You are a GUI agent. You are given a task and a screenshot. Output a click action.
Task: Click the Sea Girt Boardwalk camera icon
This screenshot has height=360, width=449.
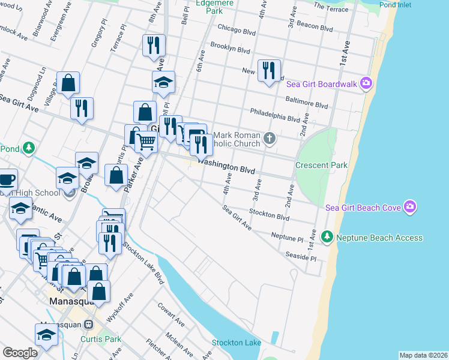pyautogui.click(x=366, y=85)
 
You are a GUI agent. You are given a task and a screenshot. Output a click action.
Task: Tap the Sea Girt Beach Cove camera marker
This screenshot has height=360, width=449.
pyautogui.click(x=410, y=207)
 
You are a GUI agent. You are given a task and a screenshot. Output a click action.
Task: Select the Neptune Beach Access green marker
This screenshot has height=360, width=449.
pyautogui.click(x=327, y=238)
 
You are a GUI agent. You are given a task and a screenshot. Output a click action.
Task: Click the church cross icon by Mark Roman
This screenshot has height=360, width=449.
pyautogui.click(x=270, y=139)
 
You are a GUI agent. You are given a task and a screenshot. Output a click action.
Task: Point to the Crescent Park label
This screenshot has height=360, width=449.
pyautogui.click(x=321, y=165)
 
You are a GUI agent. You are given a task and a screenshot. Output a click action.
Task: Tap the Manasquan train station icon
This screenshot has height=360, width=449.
pyautogui.click(x=89, y=325)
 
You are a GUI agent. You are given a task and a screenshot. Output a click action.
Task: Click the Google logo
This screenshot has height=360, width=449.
pyautogui.click(x=20, y=352)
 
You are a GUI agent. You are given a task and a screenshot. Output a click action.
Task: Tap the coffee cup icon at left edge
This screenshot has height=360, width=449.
pyautogui.click(x=6, y=179)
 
